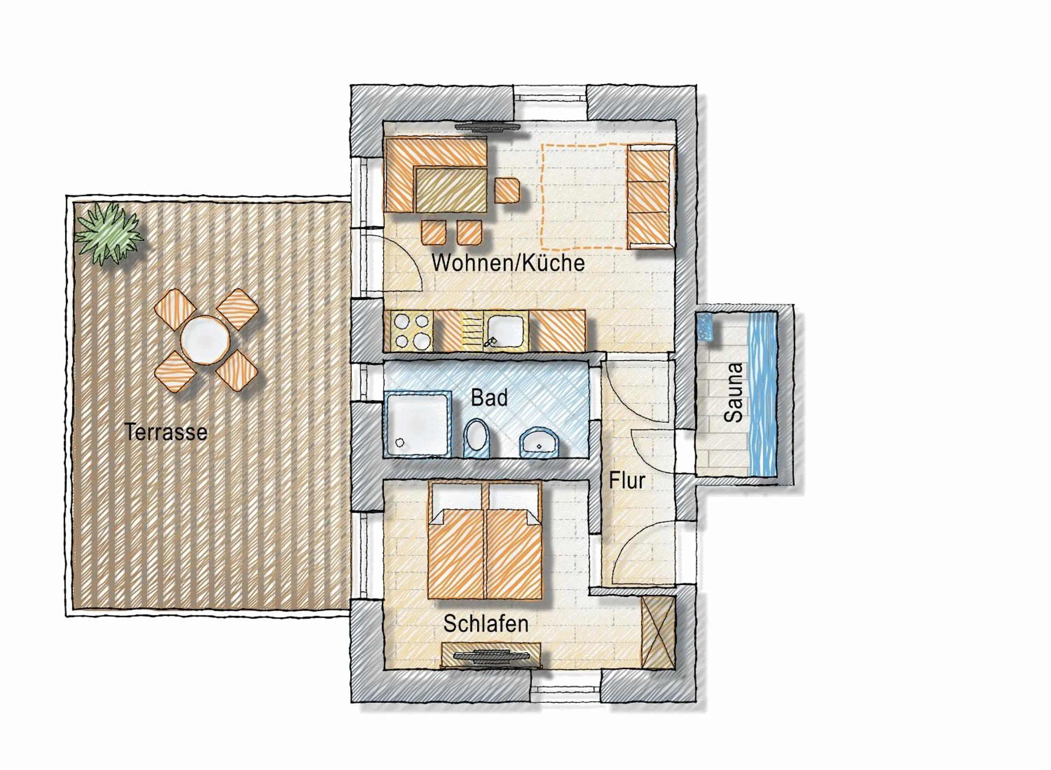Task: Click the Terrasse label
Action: click(166, 432)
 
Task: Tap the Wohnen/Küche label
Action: click(508, 263)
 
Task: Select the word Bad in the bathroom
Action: click(489, 398)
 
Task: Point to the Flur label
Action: click(627, 481)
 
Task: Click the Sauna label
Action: click(733, 393)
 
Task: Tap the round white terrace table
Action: click(205, 340)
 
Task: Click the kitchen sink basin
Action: click(506, 331)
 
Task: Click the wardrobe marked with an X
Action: click(657, 632)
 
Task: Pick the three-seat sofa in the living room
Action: click(650, 197)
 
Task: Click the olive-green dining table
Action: click(451, 190)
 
